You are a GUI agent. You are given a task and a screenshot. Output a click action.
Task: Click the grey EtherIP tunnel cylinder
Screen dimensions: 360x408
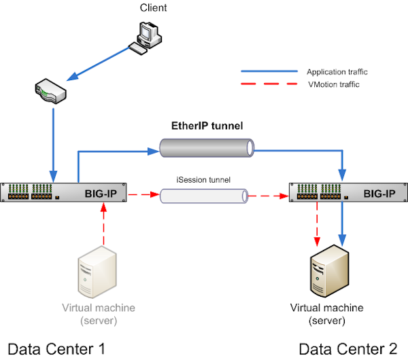(206, 147)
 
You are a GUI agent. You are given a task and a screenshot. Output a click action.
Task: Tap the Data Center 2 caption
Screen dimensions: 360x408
(347, 349)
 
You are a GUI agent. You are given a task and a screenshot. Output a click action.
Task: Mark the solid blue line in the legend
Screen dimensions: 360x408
(269, 71)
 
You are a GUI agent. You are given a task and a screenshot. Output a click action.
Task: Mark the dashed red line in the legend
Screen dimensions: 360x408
(269, 84)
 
